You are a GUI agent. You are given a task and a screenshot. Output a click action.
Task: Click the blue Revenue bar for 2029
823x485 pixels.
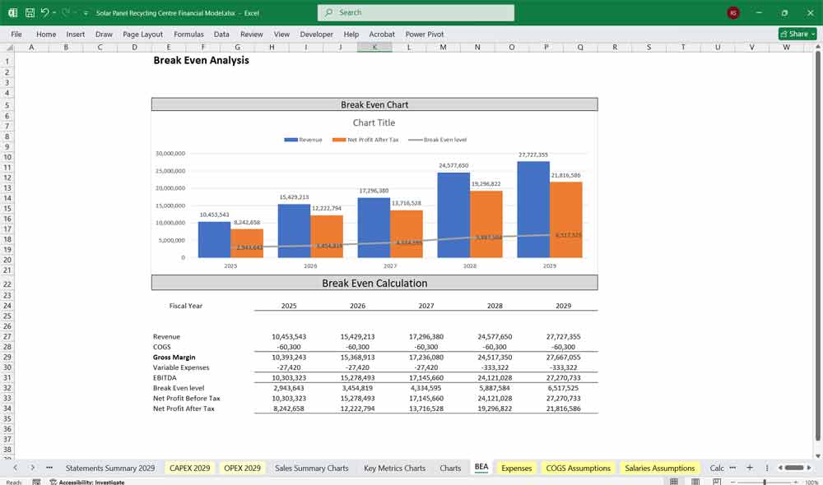point(533,210)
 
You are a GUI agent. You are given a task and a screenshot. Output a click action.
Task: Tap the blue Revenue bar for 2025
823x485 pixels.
point(214,240)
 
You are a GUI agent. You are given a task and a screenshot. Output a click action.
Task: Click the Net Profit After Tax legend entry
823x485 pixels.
point(367,140)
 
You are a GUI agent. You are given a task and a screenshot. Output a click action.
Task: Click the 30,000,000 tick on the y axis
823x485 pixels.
point(170,154)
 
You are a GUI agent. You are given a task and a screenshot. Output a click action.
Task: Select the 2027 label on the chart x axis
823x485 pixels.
point(390,266)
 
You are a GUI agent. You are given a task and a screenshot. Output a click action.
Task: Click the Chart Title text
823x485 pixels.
point(374,122)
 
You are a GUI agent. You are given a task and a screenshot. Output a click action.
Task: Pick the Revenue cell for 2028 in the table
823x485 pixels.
point(495,337)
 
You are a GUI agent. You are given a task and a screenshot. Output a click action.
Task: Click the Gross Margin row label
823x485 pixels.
point(174,358)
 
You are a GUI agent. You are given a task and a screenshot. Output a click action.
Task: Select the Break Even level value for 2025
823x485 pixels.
point(289,388)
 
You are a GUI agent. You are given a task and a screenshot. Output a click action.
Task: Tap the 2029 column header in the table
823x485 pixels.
point(563,306)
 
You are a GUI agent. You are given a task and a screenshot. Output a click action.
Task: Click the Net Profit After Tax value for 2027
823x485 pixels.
point(426,409)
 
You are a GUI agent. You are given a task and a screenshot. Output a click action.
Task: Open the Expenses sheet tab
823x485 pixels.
point(516,468)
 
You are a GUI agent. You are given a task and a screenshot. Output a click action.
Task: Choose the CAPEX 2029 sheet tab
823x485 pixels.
point(190,468)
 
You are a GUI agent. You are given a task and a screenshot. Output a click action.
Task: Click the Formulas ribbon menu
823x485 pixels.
point(188,35)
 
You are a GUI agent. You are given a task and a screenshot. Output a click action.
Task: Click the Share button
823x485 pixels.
point(797,34)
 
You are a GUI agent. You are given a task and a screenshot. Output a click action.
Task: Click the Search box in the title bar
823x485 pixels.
point(416,12)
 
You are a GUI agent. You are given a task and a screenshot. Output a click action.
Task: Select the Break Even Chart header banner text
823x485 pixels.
point(374,104)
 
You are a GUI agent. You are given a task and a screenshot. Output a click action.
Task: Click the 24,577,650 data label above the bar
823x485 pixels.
point(453,165)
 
